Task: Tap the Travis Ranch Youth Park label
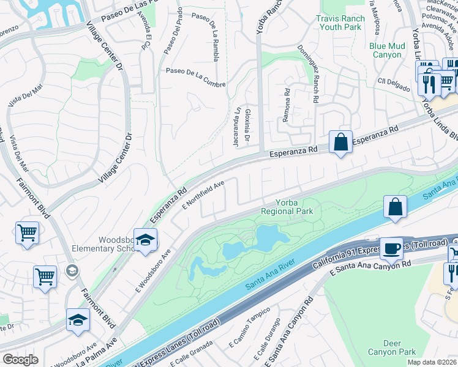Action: [x=340, y=23]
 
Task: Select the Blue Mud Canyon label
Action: [x=386, y=50]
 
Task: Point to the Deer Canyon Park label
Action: [x=391, y=347]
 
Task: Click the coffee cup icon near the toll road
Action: [x=391, y=248]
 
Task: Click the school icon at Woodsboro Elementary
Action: [x=146, y=240]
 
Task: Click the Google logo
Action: [x=21, y=359]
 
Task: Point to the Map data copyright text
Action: [x=431, y=362]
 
